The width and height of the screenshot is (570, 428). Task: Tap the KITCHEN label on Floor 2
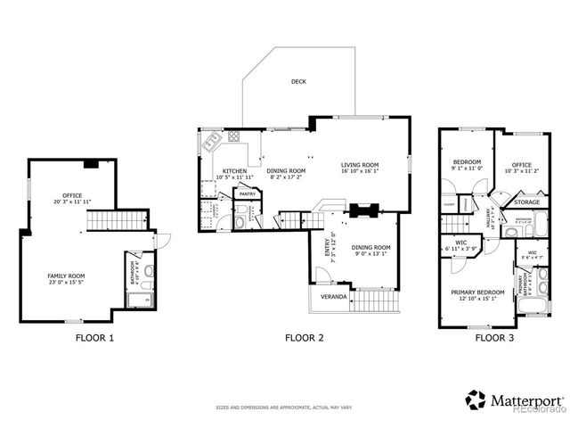(234, 170)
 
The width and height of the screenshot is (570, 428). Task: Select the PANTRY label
(247, 193)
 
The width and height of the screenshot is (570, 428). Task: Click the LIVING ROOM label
(360, 165)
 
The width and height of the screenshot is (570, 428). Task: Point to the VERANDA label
(323, 296)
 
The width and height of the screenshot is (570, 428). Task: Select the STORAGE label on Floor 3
(526, 202)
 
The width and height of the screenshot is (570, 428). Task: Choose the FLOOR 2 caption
(303, 338)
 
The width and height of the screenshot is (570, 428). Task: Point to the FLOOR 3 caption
(492, 338)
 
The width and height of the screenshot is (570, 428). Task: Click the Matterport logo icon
(475, 400)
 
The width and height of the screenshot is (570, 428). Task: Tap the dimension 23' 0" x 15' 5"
(66, 283)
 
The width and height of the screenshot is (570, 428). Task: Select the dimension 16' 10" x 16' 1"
(360, 171)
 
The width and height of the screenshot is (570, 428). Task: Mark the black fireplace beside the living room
(364, 211)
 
